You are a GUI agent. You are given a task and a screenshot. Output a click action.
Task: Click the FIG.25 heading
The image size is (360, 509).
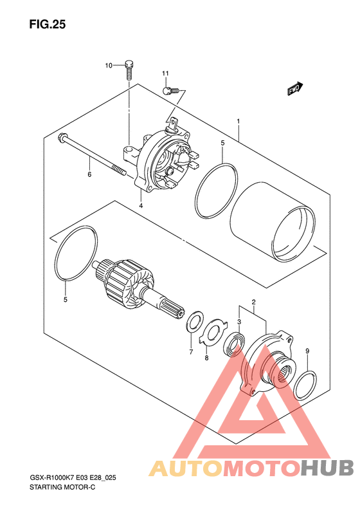coord(48,24)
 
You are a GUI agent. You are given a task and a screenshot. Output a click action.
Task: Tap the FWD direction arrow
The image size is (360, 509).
coord(295,89)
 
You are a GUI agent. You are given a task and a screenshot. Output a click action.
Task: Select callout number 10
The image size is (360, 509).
coord(109,66)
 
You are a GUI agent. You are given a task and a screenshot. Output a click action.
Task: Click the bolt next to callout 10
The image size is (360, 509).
coord(129,70)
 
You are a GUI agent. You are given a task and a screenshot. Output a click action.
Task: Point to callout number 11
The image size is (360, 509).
coord(165,74)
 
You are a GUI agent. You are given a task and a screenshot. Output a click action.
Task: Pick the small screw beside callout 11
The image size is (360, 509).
coord(171,91)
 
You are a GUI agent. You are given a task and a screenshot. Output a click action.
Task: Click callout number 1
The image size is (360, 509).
coord(239,122)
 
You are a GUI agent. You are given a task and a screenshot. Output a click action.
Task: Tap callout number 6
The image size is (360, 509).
coord(89,174)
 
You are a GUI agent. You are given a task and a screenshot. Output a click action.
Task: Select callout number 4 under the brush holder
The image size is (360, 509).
coord(141,205)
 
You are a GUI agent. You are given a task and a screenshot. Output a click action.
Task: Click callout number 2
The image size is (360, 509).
coord(254,302)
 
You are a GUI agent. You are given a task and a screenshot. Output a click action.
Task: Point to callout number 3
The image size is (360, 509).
coord(239,322)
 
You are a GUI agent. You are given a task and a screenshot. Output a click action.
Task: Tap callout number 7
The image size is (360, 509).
coord(191,352)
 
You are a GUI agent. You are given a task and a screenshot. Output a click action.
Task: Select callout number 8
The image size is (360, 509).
coord(206,358)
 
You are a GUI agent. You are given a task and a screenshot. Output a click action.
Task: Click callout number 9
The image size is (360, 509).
coord(307,351)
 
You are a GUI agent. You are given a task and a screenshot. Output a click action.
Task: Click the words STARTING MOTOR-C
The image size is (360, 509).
coord(62,487)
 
